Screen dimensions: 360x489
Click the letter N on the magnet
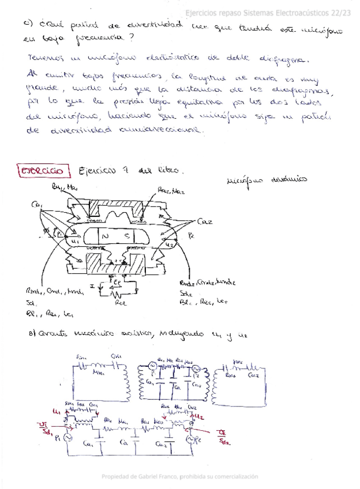104,236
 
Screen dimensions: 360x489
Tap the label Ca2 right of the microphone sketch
204,221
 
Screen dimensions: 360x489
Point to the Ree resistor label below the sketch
121,301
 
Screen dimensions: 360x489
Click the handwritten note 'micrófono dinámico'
267,179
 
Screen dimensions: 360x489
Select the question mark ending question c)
134,37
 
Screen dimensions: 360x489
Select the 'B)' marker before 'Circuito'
32,334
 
